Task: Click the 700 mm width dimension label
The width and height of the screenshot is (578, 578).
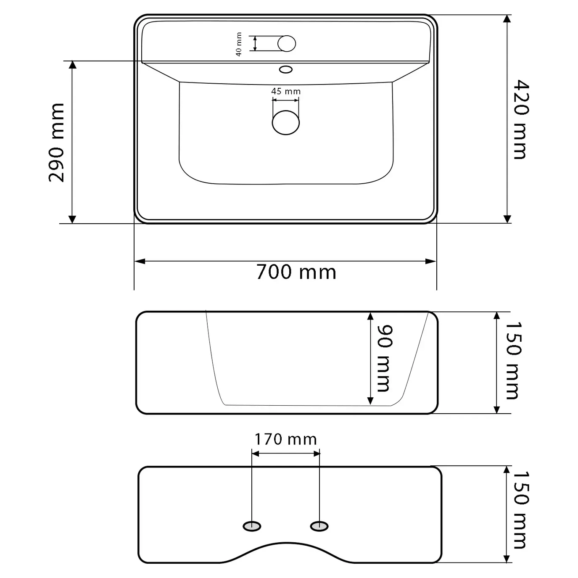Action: (296, 272)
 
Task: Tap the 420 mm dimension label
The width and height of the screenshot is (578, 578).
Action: (521, 119)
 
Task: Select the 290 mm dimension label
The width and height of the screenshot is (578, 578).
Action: (56, 143)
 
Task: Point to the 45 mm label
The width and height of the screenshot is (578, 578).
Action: (286, 91)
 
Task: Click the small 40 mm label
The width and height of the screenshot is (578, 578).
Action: (238, 44)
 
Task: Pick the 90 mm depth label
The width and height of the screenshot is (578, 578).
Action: (385, 358)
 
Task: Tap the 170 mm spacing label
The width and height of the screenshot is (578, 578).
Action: (285, 439)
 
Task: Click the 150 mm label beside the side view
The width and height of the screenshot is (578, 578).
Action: (514, 360)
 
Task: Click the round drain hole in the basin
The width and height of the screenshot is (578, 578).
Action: (285, 122)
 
